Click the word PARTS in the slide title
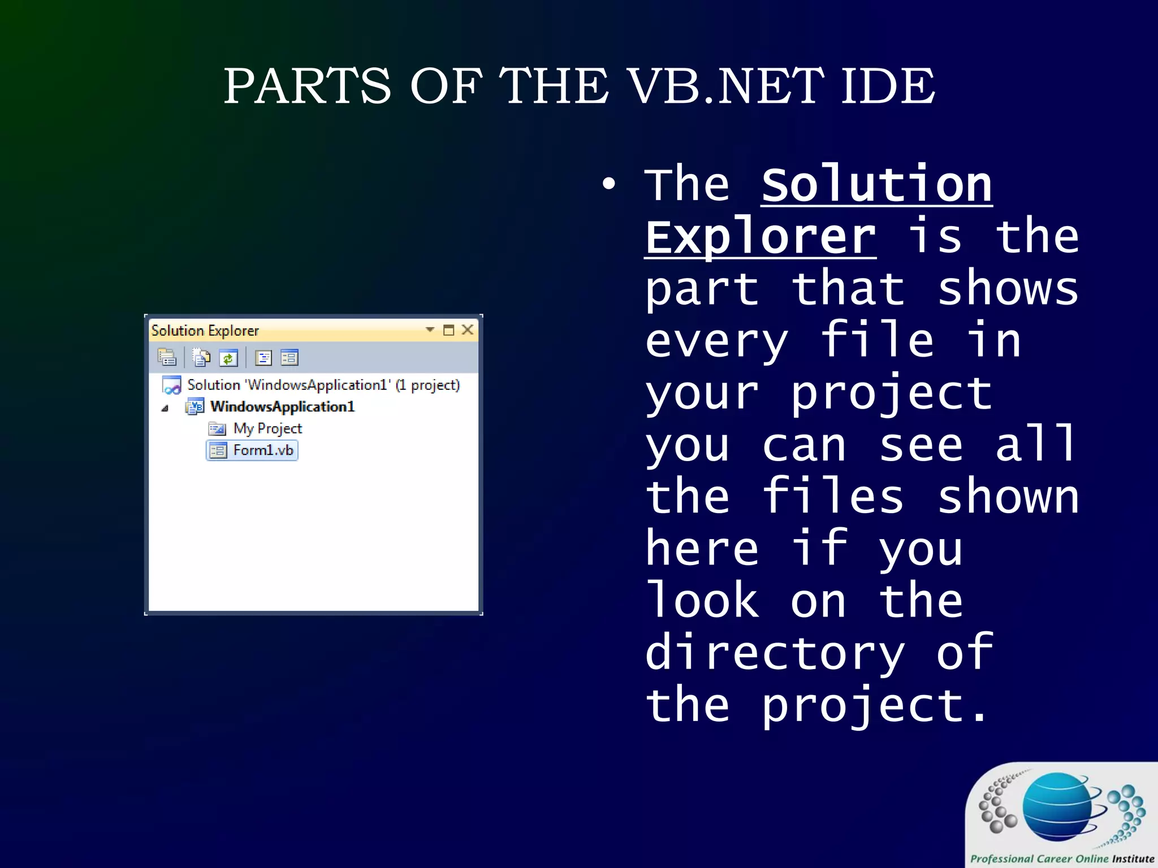click(307, 86)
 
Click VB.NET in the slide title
click(726, 86)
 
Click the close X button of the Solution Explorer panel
click(468, 329)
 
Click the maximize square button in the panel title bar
click(448, 330)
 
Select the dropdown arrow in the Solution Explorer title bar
click(430, 329)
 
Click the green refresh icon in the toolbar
click(228, 358)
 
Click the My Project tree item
click(267, 428)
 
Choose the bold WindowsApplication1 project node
click(282, 406)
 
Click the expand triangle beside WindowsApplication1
click(165, 408)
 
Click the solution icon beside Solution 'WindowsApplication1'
click(171, 385)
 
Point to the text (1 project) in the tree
click(428, 385)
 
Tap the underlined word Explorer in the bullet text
click(760, 237)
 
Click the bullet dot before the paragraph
click(608, 184)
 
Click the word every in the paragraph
click(716, 341)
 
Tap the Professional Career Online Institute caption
click(1062, 858)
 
